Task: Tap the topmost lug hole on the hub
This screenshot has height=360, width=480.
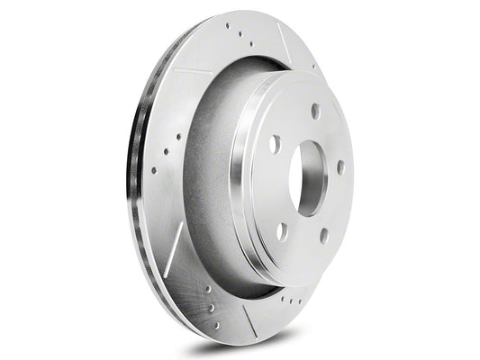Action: tap(314, 111)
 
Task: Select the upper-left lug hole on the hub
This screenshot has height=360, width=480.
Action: tap(275, 143)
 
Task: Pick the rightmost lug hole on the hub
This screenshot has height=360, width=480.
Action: tap(340, 166)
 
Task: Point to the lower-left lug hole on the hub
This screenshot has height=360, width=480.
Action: tap(283, 230)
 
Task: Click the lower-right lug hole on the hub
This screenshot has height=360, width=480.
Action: tap(322, 237)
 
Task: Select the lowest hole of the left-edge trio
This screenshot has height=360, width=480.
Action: tap(153, 169)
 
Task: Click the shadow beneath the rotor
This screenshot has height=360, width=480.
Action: tap(270, 346)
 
